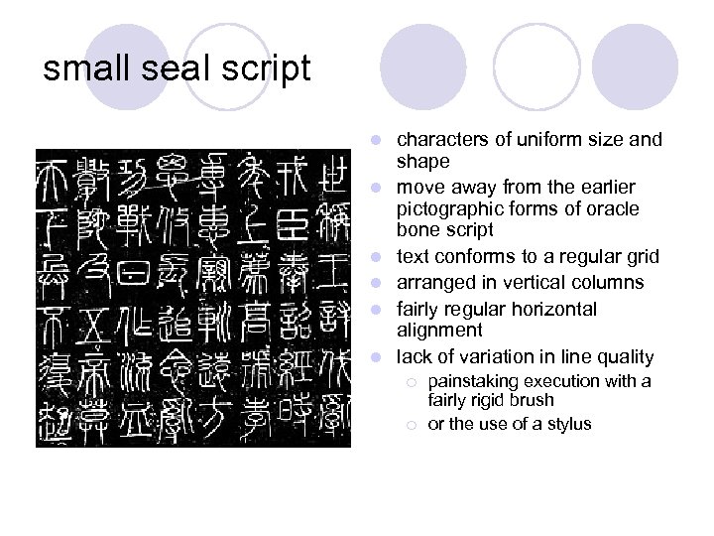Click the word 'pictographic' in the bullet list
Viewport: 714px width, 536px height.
(x=448, y=208)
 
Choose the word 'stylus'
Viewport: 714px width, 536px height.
(x=565, y=424)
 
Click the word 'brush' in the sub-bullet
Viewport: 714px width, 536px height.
(x=535, y=401)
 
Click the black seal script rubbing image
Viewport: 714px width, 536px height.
(x=192, y=297)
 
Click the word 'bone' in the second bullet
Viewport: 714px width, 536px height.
(x=416, y=230)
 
